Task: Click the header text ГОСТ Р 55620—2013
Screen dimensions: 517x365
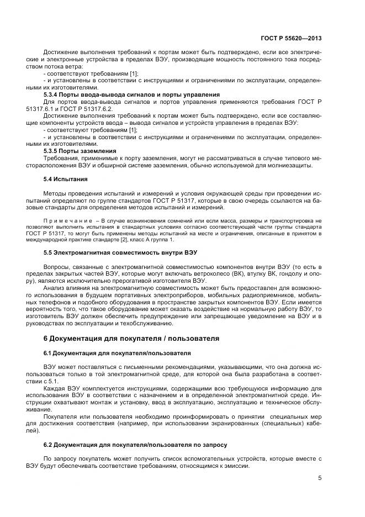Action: [290, 39]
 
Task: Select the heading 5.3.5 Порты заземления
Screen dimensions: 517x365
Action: [80, 150]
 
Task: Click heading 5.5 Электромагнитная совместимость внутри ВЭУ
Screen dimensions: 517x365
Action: [120, 252]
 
